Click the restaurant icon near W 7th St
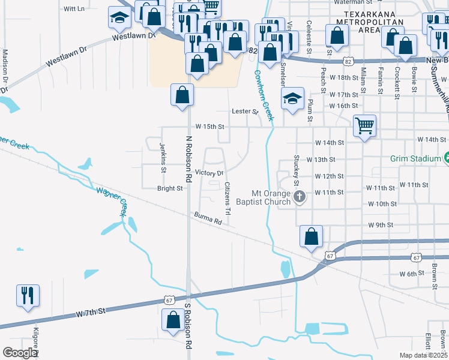(27, 295)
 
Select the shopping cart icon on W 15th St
(364, 126)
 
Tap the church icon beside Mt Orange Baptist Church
(300, 196)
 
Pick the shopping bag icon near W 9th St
(311, 236)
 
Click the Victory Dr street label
(209, 173)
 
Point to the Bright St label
(170, 188)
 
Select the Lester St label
(245, 112)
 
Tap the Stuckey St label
(296, 169)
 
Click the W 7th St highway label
(91, 311)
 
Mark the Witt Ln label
(73, 9)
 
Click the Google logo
(20, 353)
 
